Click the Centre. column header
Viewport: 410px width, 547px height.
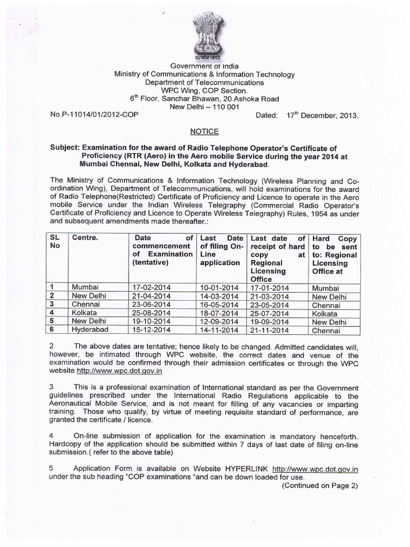point(85,237)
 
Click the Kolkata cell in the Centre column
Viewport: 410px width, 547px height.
point(86,313)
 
